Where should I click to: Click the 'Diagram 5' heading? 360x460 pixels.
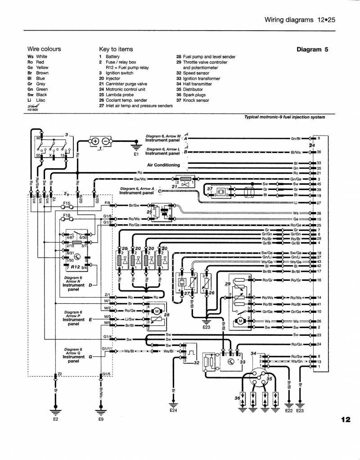click(314, 49)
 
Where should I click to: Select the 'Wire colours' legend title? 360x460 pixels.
click(44, 49)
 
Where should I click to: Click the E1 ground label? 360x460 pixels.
click(136, 154)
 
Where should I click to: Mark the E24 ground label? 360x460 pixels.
click(174, 410)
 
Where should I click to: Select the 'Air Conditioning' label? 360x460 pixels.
click(163, 165)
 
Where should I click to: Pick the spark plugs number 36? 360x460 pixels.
click(237, 398)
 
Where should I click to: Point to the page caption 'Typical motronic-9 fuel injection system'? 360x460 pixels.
click(284, 117)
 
